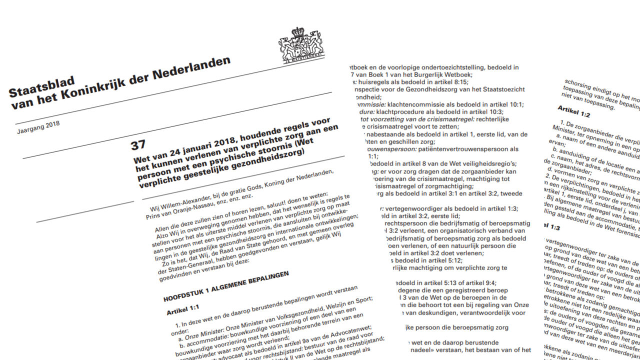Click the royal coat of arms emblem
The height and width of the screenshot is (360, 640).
coord(301,45)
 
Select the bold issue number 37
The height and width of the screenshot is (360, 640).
coord(138,145)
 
